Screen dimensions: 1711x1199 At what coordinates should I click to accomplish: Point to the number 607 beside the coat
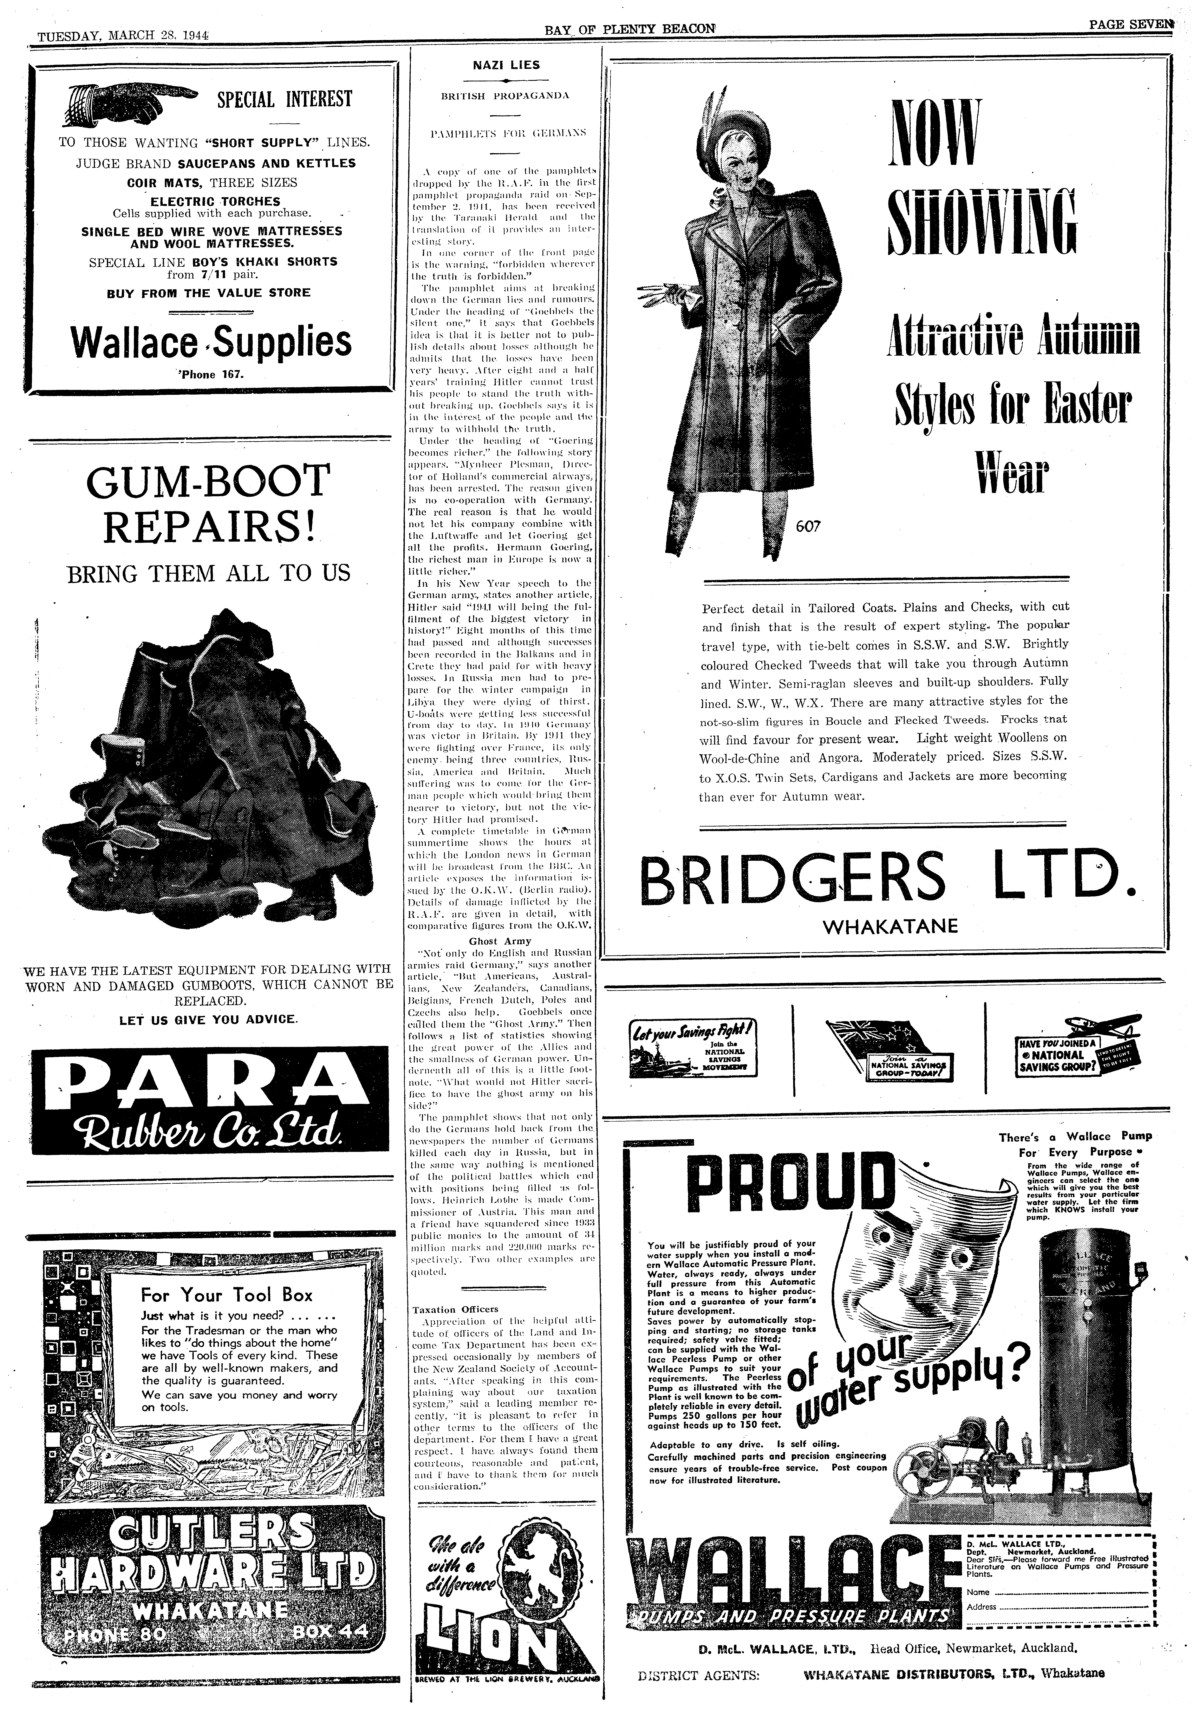(x=808, y=526)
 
